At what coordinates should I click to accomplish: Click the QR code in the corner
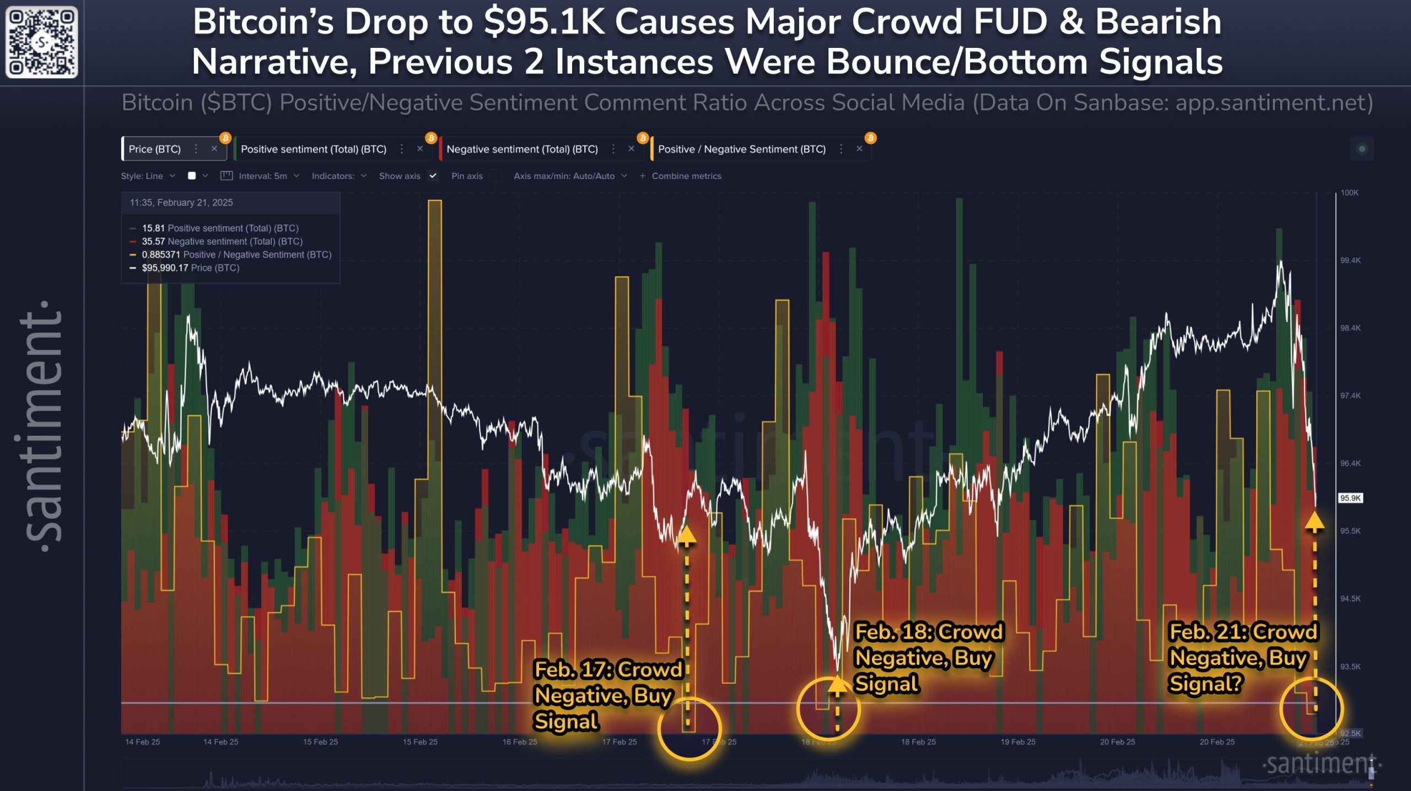coord(41,42)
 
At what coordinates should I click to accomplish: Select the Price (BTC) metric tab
coord(155,149)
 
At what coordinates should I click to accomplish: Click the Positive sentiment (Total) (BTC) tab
coord(314,149)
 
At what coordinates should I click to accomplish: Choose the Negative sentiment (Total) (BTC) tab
coord(522,149)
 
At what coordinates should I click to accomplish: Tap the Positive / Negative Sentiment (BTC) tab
coord(741,149)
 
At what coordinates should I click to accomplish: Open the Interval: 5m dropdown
coord(263,176)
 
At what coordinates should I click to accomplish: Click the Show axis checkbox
coord(433,176)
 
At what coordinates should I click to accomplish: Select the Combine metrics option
coord(686,176)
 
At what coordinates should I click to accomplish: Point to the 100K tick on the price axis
coord(1349,193)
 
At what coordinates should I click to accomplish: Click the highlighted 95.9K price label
coord(1350,498)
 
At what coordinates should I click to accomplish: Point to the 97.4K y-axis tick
coord(1350,395)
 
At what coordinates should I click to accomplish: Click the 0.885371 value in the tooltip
coord(161,254)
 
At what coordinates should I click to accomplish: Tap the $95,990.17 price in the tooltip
coord(165,268)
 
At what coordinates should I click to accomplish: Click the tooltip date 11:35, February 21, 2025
coord(181,203)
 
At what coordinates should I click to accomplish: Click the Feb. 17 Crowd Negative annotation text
coord(606,695)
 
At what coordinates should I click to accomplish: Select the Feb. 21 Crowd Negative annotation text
coord(1243,657)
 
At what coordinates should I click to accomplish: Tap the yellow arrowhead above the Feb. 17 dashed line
coord(686,535)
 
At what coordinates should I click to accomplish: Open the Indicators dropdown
coord(338,176)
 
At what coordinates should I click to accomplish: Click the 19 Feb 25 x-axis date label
coord(1018,742)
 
